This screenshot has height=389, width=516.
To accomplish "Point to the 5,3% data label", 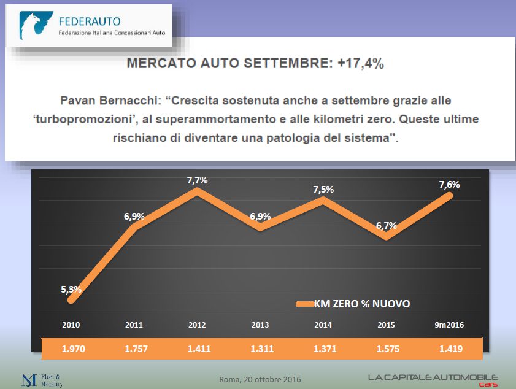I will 71,289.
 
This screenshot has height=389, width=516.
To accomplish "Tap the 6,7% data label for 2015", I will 387,225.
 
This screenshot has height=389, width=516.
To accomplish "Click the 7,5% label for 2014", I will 323,190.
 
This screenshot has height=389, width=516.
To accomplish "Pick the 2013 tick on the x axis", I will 260,325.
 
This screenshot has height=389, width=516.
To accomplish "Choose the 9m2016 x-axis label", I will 449,325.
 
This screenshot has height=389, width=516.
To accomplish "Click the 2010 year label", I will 71,325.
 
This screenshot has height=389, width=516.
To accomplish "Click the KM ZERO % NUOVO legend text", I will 362,304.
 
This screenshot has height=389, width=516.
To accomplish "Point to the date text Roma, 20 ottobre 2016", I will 260,379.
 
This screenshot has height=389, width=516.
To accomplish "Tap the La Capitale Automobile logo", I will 433,379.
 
